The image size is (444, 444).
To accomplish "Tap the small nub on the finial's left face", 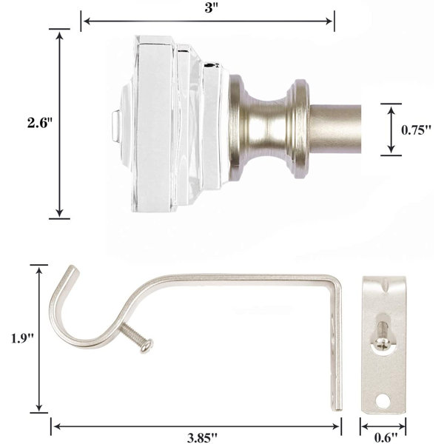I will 113,123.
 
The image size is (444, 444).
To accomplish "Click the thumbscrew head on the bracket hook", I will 148,343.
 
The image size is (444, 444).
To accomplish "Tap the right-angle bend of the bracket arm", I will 334,280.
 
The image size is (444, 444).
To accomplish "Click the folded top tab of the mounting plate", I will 384,281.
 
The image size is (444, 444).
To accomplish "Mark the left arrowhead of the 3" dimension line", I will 84,21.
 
